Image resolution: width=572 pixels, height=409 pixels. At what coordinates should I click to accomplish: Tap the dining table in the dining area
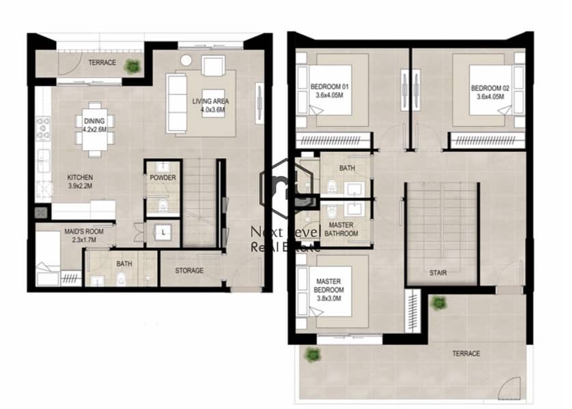[95, 130]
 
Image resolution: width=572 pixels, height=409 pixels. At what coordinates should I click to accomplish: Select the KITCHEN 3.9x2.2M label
[80, 181]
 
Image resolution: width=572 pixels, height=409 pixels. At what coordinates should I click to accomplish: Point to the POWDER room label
[162, 178]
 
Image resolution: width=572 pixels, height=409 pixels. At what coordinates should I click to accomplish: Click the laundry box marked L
[163, 232]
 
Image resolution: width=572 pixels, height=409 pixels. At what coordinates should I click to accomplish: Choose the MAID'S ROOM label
[84, 235]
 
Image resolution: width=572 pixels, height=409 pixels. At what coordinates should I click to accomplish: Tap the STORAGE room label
[189, 271]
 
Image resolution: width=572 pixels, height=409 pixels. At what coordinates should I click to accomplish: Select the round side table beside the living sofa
[186, 61]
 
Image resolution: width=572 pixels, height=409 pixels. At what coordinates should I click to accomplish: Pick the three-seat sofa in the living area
[177, 104]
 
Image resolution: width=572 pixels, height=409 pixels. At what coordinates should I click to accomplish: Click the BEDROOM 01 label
[329, 91]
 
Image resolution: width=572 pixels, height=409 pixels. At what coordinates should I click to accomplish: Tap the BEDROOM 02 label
[490, 92]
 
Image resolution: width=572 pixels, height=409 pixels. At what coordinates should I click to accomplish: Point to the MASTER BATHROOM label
[341, 230]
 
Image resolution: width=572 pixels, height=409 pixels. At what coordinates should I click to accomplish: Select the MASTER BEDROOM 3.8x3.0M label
[328, 290]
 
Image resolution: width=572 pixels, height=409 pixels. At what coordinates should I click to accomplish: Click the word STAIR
[438, 273]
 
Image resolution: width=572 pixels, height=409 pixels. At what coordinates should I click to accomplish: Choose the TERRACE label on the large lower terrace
[466, 354]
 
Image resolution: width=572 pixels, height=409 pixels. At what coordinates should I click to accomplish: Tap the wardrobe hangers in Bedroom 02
[485, 140]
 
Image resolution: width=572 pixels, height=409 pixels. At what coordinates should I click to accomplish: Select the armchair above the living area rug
[214, 66]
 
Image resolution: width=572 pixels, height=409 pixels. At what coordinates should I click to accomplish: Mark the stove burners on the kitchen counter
[44, 128]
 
